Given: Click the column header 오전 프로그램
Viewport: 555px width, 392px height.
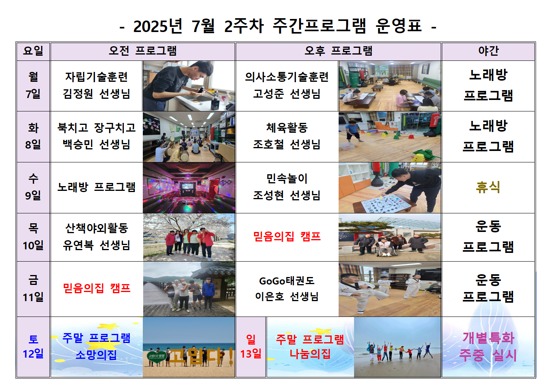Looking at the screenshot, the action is point(143,51).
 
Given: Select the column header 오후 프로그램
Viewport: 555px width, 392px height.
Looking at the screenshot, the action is point(339,51).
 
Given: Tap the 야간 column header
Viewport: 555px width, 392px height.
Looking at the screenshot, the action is point(489,51).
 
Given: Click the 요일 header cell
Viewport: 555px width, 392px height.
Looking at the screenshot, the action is point(33,51).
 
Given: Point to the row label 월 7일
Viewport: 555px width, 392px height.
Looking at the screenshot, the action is point(33,85).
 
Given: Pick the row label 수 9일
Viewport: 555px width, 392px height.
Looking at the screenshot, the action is point(33,187).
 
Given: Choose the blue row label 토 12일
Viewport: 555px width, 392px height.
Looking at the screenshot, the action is point(33,347).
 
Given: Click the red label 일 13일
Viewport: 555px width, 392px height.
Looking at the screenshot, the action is point(251,347).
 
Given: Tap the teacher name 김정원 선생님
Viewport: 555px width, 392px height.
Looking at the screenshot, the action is point(97,94).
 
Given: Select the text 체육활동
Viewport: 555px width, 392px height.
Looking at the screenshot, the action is point(287,128).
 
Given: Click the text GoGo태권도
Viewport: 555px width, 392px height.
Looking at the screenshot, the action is point(287,281).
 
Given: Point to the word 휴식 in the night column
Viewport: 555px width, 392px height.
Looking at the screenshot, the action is point(488,187).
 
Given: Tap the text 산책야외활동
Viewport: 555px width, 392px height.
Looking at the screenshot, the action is point(97,228).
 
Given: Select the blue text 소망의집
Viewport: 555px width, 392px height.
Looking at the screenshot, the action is point(96,355).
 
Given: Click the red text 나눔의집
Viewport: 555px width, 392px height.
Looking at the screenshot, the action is point(310,354).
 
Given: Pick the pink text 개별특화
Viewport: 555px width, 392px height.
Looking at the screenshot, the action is point(489,338).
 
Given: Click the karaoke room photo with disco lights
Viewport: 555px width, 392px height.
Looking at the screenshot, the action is point(189,188).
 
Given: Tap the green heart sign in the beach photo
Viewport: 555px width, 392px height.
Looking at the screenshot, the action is point(156,356).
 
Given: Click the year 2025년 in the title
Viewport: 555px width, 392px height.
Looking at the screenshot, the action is point(158,26).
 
